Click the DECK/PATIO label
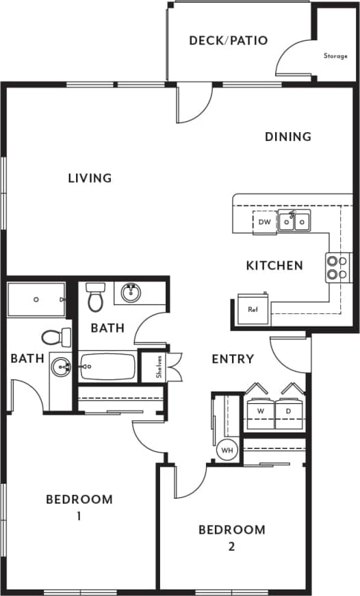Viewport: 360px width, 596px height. tap(228, 40)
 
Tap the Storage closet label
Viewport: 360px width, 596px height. tap(335, 56)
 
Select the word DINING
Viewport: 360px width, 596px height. tap(287, 137)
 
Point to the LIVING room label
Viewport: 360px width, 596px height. tap(90, 179)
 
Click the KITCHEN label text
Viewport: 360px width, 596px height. tap(274, 265)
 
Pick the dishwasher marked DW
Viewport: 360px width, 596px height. tap(265, 222)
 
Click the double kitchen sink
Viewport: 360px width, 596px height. tap(294, 221)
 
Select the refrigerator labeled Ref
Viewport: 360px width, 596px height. tap(253, 309)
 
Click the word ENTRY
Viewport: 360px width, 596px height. tap(233, 359)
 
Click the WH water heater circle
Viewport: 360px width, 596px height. tap(227, 451)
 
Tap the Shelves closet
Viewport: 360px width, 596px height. tap(158, 367)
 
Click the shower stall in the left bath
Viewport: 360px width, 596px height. tap(36, 300)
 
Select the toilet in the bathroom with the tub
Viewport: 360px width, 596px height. tap(95, 298)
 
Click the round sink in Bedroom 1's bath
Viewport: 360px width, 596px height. tap(63, 367)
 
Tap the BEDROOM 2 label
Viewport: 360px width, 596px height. tap(231, 537)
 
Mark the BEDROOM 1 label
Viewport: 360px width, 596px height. tap(79, 507)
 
